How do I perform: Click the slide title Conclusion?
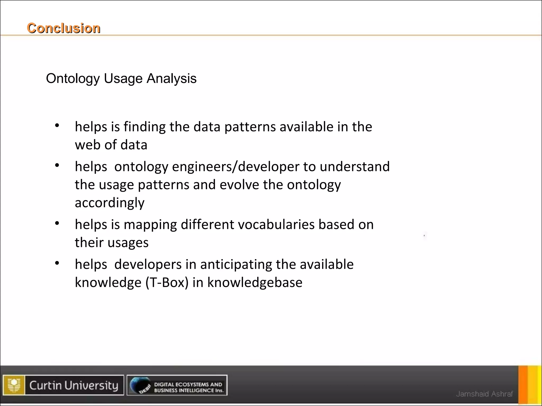coord(64,28)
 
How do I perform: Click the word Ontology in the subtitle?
coord(73,79)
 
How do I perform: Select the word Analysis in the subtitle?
coord(171,79)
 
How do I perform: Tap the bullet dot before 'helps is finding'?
coord(57,126)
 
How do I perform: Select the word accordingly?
coord(110,203)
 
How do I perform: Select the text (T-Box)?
coord(167,283)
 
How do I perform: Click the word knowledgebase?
coord(255,283)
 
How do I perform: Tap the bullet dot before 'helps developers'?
coord(57,263)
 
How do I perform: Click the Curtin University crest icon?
coord(14,385)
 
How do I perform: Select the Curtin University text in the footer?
coord(74,385)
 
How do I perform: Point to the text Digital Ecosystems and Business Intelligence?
coord(188,387)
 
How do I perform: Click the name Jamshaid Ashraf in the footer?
coord(484,394)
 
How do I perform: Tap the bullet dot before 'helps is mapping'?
coord(57,224)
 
